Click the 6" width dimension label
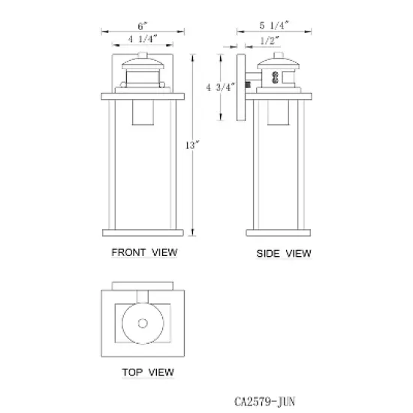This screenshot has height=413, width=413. pyautogui.click(x=143, y=26)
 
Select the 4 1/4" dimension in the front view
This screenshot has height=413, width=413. pyautogui.click(x=142, y=39)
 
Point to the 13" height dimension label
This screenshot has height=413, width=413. pyautogui.click(x=192, y=145)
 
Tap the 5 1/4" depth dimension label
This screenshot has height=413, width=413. pyautogui.click(x=274, y=26)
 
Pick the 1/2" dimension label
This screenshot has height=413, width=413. pyautogui.click(x=270, y=41)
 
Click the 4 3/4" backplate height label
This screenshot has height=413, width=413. pyautogui.click(x=221, y=87)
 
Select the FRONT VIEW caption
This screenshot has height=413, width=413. pyautogui.click(x=144, y=252)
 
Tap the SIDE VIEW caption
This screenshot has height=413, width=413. pyautogui.click(x=284, y=253)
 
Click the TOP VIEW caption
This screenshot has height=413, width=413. pyautogui.click(x=148, y=372)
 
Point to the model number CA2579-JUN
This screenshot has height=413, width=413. pyautogui.click(x=265, y=402)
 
